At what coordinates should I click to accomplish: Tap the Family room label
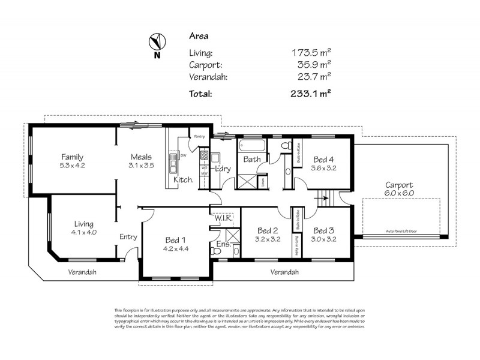click(72, 157)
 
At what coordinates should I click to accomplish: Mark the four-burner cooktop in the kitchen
click(204, 158)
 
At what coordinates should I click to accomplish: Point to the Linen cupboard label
click(263, 181)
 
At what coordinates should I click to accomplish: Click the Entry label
click(128, 237)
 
